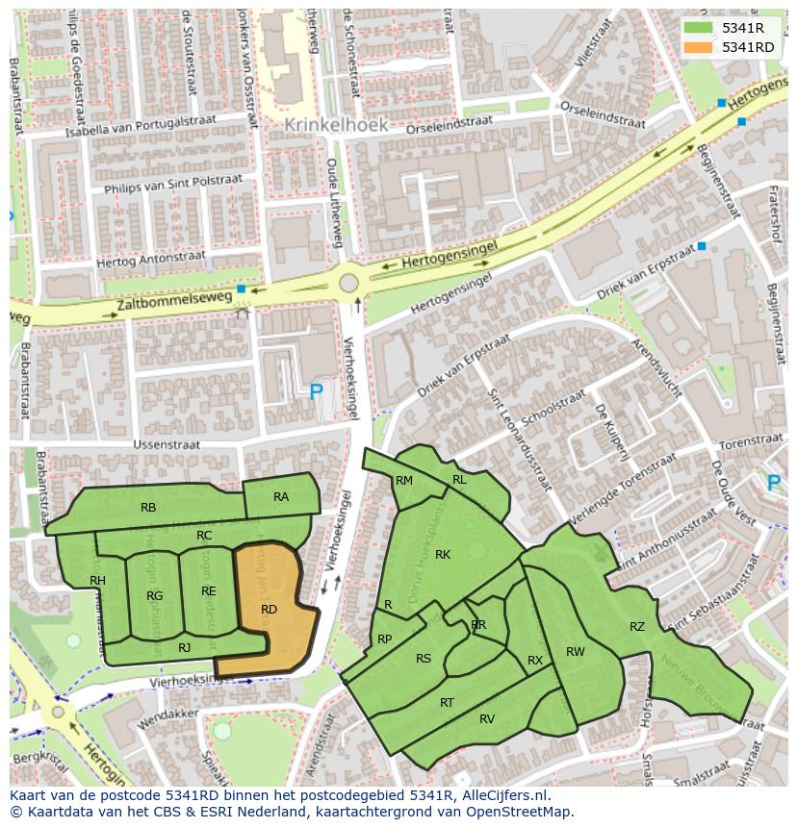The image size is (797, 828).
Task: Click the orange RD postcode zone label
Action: tap(269, 610)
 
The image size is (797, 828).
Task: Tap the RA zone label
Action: tap(281, 497)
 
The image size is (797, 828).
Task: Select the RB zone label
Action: tap(148, 508)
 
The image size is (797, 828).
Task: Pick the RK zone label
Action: tap(443, 555)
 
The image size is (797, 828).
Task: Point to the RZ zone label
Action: tap(637, 627)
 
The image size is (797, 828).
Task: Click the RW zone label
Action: tap(576, 652)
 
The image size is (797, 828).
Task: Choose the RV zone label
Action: tap(487, 719)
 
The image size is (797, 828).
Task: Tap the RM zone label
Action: tap(404, 481)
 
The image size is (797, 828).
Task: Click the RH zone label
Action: tap(97, 581)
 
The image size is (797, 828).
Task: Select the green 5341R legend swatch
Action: tap(698, 28)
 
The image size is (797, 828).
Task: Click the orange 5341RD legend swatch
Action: tap(698, 47)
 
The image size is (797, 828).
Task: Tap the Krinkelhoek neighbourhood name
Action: tap(336, 125)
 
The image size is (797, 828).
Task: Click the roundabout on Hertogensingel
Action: tap(348, 284)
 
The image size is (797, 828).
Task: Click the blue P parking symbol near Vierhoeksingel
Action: tap(316, 390)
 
